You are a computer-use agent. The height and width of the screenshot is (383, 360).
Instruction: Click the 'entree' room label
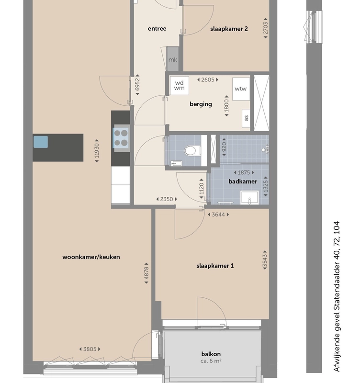tap(157, 29)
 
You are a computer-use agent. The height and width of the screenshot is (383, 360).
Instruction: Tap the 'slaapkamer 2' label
tap(229, 29)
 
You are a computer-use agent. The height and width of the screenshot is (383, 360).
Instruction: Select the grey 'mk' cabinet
tap(172, 59)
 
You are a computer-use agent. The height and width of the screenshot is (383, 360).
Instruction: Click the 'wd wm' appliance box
tap(179, 86)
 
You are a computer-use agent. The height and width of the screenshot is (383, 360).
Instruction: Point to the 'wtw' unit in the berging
tap(241, 89)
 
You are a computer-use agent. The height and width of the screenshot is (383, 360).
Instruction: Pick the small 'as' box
tap(246, 118)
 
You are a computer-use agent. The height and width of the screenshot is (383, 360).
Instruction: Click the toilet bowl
tap(191, 150)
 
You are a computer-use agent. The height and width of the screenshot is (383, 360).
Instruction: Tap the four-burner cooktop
tap(121, 138)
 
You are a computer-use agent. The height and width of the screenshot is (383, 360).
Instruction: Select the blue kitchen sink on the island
tap(41, 142)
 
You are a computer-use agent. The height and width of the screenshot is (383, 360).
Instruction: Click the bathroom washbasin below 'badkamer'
tap(249, 197)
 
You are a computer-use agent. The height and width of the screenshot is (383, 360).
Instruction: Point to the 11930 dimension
tap(97, 151)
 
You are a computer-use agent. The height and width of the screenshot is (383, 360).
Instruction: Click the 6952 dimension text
tap(137, 85)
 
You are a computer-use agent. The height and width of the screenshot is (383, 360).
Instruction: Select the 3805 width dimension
tap(90, 349)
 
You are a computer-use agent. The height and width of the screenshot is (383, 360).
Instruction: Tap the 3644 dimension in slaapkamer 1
tap(218, 214)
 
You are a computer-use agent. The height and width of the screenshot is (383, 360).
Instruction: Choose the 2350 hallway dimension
tap(167, 199)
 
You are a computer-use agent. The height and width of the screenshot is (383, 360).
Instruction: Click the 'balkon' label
tap(211, 354)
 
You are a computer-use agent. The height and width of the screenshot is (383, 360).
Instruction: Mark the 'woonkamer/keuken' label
tap(91, 257)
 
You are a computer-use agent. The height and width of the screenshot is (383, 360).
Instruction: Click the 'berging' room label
tap(201, 104)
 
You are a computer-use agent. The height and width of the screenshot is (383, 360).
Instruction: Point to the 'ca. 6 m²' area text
tap(211, 361)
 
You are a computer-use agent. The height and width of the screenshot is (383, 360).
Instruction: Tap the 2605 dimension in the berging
tap(208, 79)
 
